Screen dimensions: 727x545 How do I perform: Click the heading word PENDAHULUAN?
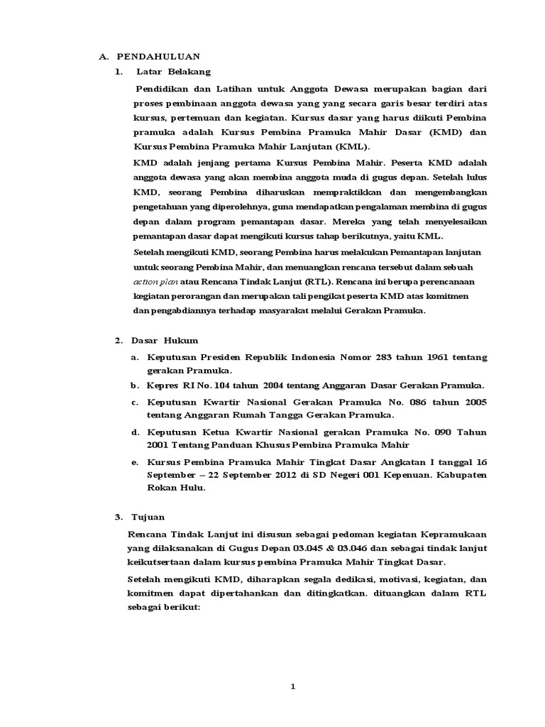click(158, 56)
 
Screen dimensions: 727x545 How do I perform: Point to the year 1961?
click(440, 357)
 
